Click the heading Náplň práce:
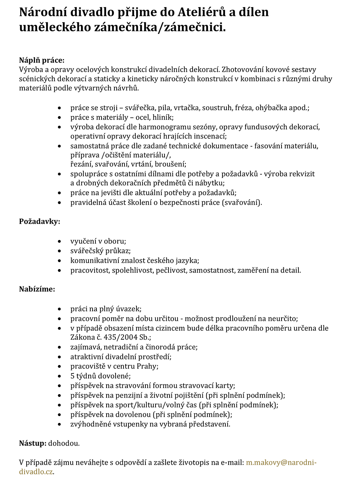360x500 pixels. (x=42, y=60)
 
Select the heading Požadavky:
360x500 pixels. (x=40, y=221)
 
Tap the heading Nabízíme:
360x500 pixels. (x=37, y=289)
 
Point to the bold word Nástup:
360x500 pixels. (x=32, y=443)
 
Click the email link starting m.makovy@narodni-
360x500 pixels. (x=281, y=463)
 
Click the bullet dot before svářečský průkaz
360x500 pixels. (x=59, y=251)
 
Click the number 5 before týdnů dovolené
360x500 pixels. (x=72, y=376)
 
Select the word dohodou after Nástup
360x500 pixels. (x=64, y=443)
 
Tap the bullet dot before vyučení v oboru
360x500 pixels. (x=59, y=241)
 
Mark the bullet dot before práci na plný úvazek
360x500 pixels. (x=59, y=309)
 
